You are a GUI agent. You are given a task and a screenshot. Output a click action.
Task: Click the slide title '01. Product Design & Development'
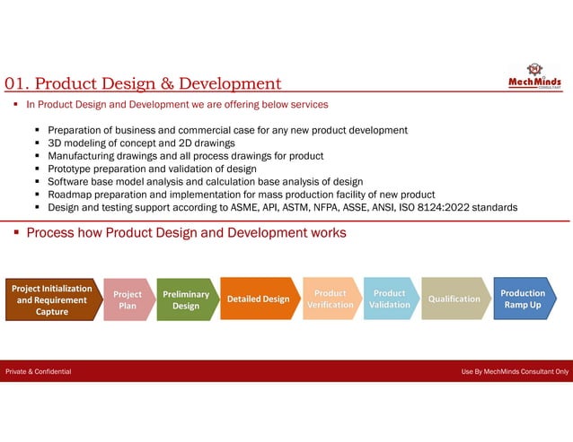(143, 84)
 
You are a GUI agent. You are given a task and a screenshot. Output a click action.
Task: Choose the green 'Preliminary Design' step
(186, 299)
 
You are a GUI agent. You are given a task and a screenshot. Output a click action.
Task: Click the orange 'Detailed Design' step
(257, 299)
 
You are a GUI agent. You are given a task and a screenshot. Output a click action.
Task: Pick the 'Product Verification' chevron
(330, 299)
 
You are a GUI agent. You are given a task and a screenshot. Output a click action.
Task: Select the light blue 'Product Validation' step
(389, 299)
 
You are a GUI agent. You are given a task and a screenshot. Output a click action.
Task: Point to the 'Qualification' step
(454, 299)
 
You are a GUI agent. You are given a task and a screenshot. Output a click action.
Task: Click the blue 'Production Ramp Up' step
(523, 299)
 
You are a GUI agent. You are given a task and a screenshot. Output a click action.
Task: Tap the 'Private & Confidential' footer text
(39, 371)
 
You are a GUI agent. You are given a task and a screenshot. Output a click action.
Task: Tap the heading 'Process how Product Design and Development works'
(186, 233)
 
